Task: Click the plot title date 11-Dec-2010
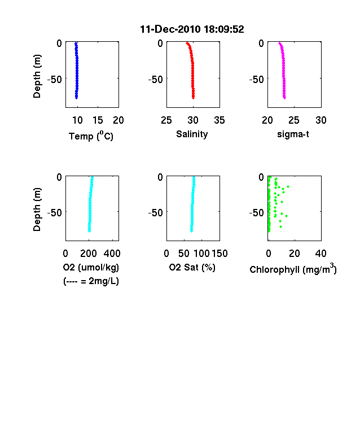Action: coord(170,29)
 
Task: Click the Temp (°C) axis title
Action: coord(91,136)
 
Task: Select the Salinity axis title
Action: coord(192,134)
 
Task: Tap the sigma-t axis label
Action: coord(293,134)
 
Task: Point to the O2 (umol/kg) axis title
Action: coord(91,267)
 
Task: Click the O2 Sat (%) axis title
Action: coord(192,267)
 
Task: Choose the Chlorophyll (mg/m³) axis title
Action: coord(293,268)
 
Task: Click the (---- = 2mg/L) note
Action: coord(91,281)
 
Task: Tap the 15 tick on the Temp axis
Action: coord(98,120)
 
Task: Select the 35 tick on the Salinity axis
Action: coord(219,120)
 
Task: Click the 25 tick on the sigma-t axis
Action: coord(294,120)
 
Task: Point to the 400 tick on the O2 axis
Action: coord(112,254)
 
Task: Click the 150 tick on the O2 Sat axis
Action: coord(219,254)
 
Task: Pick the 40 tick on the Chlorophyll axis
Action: coord(321,254)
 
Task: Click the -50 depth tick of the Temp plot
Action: coord(54,80)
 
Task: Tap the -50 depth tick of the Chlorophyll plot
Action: coord(257,212)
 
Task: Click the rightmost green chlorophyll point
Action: coord(288,186)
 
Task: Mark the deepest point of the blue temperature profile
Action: coord(76,98)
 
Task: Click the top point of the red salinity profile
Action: coord(187,43)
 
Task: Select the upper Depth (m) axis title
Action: coord(37,76)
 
